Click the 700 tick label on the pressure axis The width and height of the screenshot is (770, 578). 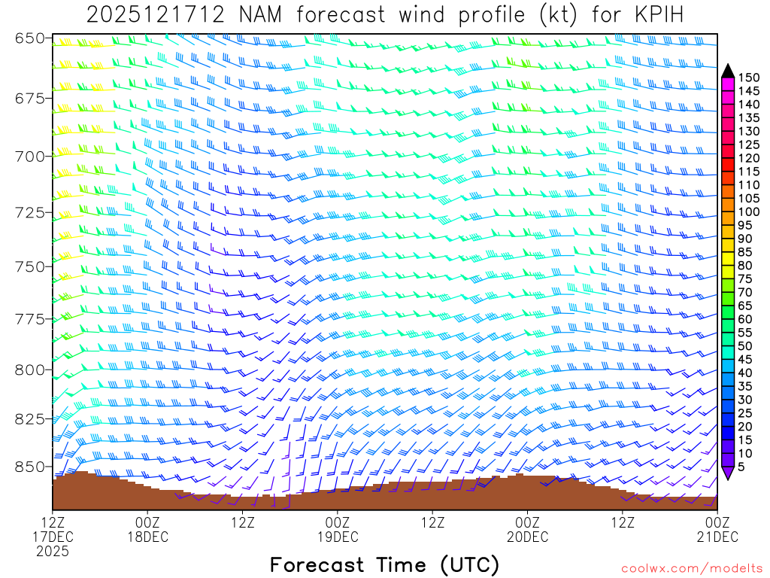pyautogui.click(x=29, y=156)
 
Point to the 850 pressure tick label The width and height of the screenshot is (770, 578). pyautogui.click(x=29, y=467)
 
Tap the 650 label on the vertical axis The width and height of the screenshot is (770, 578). pyautogui.click(x=29, y=38)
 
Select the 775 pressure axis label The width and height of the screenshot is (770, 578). pyautogui.click(x=29, y=319)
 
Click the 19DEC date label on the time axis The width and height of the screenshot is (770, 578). pyautogui.click(x=338, y=537)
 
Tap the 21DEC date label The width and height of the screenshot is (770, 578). pyautogui.click(x=717, y=537)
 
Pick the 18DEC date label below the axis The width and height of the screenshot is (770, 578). pyautogui.click(x=147, y=537)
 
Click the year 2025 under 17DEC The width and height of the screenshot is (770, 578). pyautogui.click(x=52, y=551)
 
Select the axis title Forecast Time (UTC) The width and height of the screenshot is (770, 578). pyautogui.click(x=384, y=564)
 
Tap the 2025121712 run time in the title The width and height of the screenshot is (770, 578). pyautogui.click(x=154, y=15)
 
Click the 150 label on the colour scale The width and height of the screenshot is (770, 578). pyautogui.click(x=748, y=77)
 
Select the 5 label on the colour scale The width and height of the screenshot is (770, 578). pyautogui.click(x=741, y=467)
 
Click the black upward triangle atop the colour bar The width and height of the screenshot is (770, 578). pyautogui.click(x=728, y=71)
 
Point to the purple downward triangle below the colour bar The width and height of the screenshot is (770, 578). pyautogui.click(x=728, y=473)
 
